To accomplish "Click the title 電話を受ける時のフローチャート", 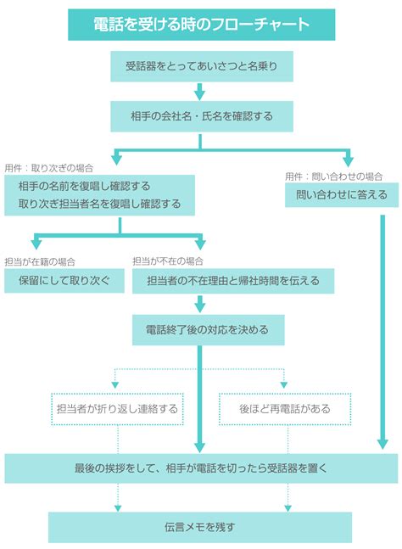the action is [201, 25].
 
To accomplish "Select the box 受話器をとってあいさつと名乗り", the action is [202, 66].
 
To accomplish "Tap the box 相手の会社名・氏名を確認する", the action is [202, 116].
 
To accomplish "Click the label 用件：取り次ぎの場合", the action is [49, 168].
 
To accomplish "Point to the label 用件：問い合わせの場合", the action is [334, 176].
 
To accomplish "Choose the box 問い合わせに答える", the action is [342, 194].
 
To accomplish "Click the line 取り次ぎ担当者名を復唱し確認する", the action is [100, 204].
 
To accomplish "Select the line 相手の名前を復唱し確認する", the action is [84, 186].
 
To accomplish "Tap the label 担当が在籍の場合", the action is [40, 262].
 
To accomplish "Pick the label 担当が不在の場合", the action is [168, 261].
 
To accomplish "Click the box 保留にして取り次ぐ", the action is [64, 281].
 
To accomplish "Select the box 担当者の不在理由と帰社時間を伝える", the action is [233, 281].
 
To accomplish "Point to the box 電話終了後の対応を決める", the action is [208, 330].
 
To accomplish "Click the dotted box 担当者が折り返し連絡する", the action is [117, 409].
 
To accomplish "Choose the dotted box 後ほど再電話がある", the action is [285, 409].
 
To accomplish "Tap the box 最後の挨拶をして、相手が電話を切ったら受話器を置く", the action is [201, 468].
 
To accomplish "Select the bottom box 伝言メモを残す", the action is [200, 527].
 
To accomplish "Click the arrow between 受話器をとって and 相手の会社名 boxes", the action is [200, 92].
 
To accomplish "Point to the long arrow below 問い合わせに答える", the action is [382, 332].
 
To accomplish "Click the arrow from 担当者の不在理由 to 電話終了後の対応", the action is [200, 304].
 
